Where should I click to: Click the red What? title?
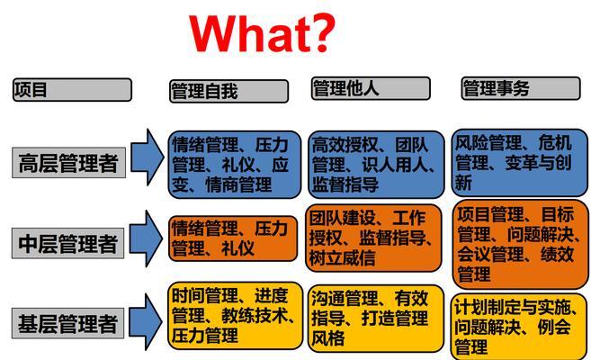click(262, 33)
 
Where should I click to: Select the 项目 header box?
click(72, 90)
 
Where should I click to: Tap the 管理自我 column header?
click(228, 91)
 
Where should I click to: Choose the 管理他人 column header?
click(371, 88)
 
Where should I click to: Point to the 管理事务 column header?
click(521, 88)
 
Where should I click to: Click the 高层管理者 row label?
click(68, 162)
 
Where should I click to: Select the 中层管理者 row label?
click(67, 243)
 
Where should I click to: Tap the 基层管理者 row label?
click(67, 323)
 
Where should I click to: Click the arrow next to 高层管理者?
click(147, 157)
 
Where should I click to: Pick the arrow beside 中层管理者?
click(146, 238)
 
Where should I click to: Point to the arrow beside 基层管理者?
click(146, 322)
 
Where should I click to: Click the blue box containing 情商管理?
click(235, 165)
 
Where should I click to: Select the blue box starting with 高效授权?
click(376, 165)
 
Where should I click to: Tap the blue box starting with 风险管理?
click(520, 163)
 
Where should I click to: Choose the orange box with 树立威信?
click(373, 238)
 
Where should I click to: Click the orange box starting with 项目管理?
click(521, 244)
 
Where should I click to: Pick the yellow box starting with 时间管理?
click(235, 316)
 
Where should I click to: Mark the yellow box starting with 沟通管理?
click(376, 319)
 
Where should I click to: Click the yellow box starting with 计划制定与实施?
click(519, 327)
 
